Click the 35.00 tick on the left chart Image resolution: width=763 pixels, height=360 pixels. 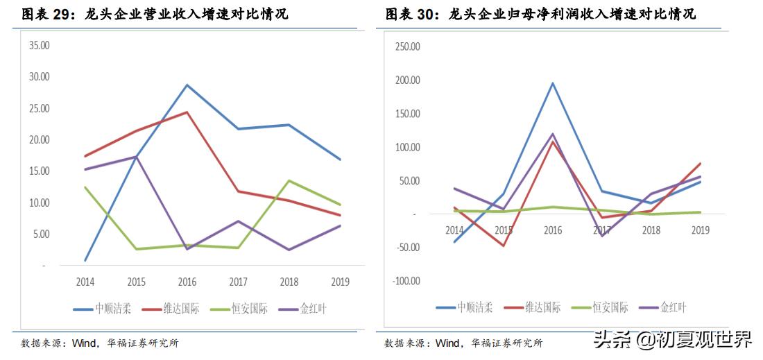(x=39, y=45)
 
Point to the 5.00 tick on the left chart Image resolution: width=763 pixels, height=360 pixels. (x=40, y=234)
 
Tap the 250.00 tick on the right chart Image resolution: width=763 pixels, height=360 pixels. (x=407, y=46)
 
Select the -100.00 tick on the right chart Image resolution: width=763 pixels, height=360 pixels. (x=406, y=281)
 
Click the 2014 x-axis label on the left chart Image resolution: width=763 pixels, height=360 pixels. (x=85, y=282)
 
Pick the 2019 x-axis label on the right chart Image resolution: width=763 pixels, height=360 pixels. (x=699, y=230)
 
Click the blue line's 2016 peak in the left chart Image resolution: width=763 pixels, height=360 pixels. (x=187, y=85)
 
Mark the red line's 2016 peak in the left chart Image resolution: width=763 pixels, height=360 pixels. (x=187, y=112)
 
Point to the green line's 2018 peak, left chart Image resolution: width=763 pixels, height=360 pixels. (x=289, y=181)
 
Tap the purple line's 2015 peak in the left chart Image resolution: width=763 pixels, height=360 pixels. (x=136, y=157)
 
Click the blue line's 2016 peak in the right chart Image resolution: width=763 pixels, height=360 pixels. (x=552, y=83)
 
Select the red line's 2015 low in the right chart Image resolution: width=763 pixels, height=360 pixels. (x=503, y=246)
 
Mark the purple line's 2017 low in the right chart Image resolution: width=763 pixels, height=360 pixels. (x=601, y=236)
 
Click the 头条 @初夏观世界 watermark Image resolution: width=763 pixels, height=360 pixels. (x=671, y=339)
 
